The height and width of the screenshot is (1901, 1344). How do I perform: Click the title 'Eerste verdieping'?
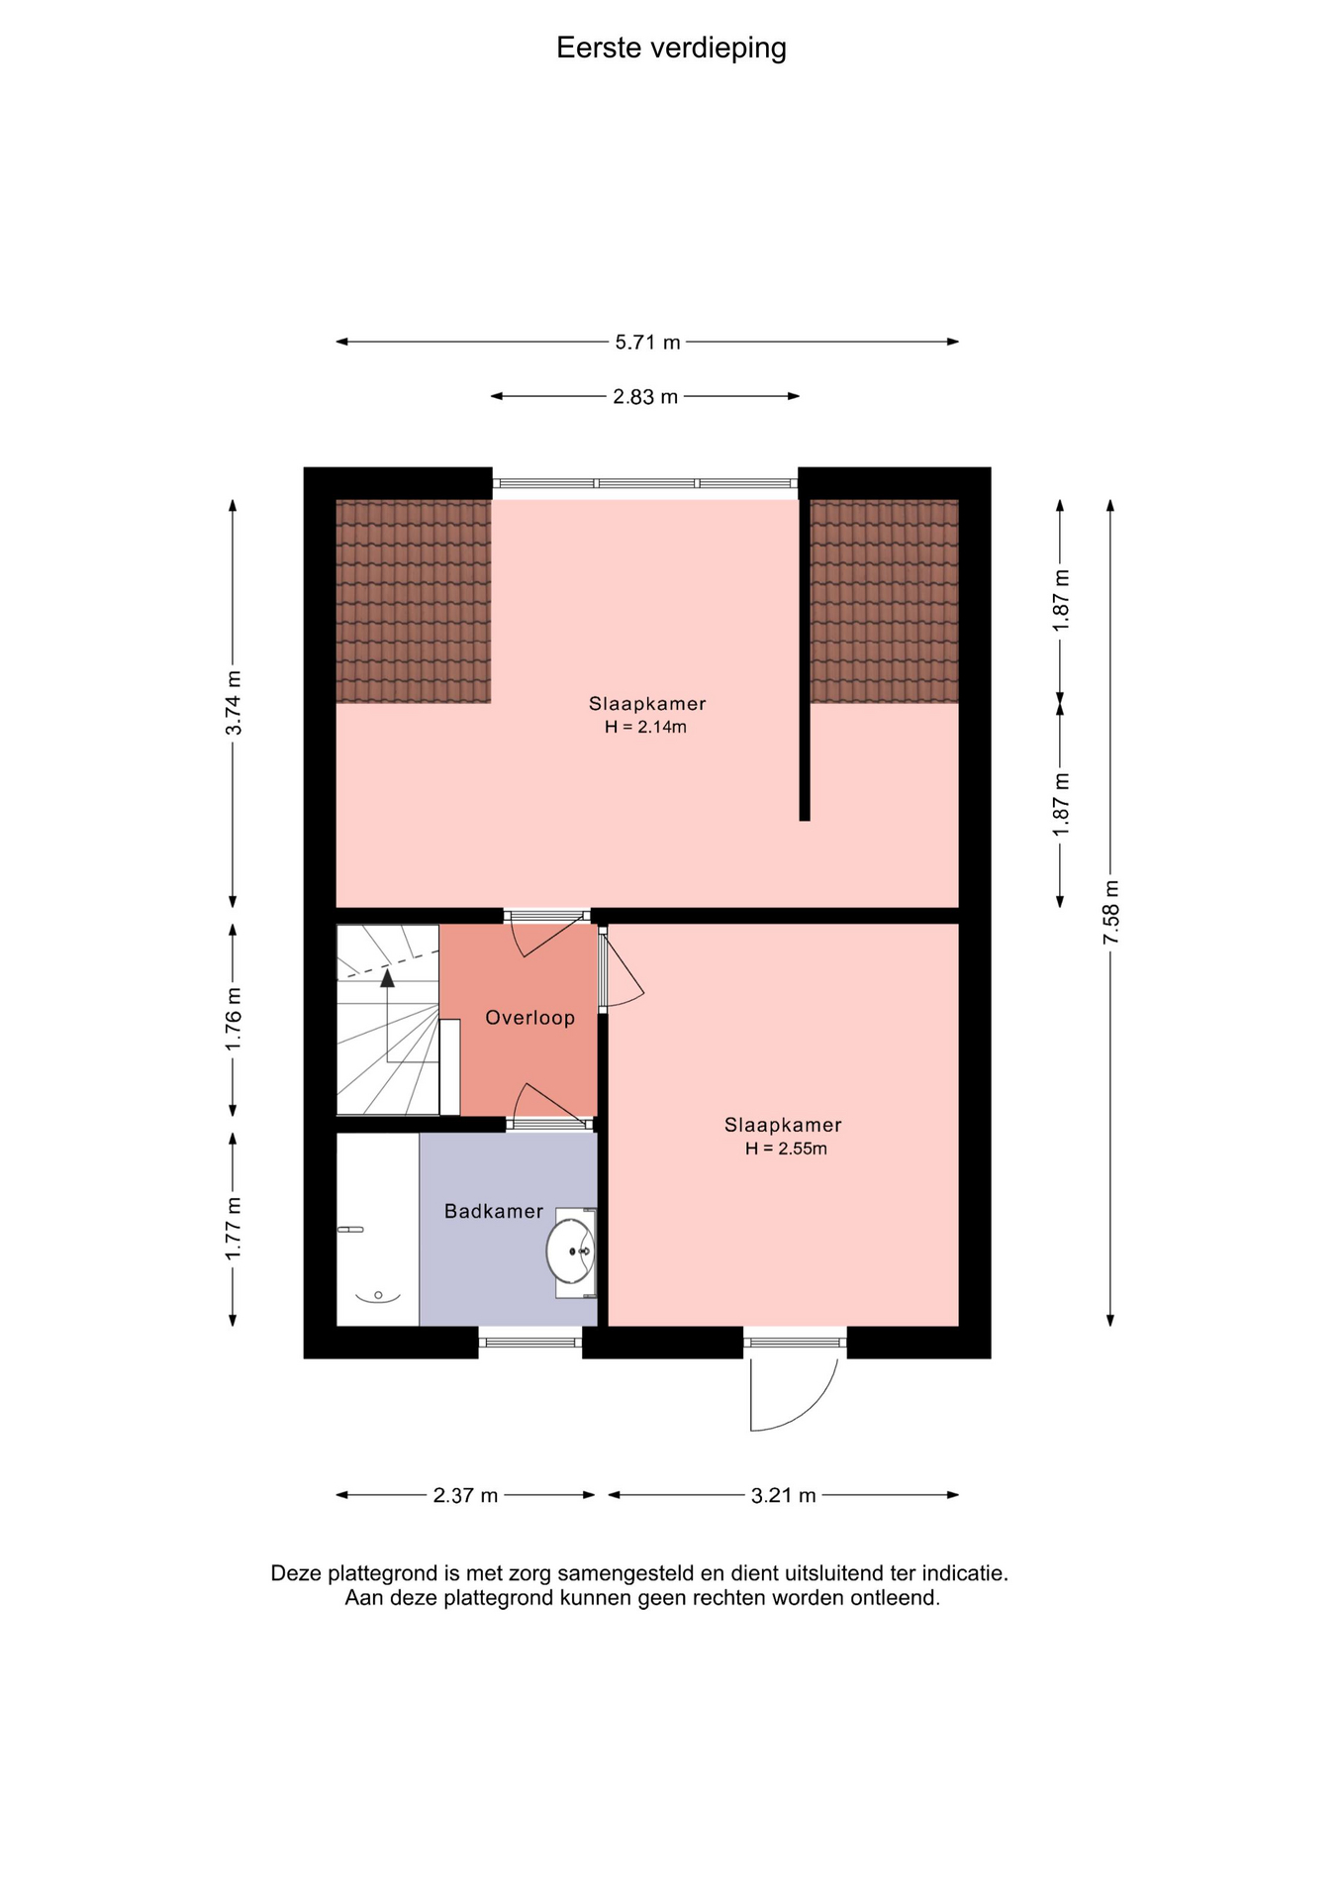click(x=671, y=48)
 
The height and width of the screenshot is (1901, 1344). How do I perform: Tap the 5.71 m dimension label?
click(x=648, y=343)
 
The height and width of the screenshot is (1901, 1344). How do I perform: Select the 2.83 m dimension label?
click(x=645, y=397)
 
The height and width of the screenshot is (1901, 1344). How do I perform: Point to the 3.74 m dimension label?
click(x=234, y=703)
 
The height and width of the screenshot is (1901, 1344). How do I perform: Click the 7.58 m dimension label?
click(x=1111, y=911)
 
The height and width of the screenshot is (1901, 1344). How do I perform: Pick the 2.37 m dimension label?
click(x=465, y=1495)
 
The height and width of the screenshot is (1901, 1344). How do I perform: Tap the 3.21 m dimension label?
click(x=784, y=1495)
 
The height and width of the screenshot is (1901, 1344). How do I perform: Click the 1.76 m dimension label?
click(x=234, y=1020)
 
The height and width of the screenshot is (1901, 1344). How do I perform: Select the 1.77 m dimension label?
click(x=234, y=1229)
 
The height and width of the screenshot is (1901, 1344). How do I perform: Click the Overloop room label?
click(x=529, y=1018)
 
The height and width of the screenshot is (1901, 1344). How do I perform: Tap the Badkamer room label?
click(x=494, y=1211)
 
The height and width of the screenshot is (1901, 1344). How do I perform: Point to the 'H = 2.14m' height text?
click(x=646, y=727)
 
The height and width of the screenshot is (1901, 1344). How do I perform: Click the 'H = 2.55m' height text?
click(x=787, y=1149)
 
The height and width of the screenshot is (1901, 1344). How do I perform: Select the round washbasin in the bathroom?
click(x=571, y=1251)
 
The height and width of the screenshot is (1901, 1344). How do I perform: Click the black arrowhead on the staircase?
click(x=387, y=978)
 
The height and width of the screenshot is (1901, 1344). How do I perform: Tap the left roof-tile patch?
click(x=414, y=601)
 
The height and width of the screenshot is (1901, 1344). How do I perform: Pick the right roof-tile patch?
click(x=885, y=601)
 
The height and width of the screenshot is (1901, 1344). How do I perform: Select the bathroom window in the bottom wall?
click(x=530, y=1343)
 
